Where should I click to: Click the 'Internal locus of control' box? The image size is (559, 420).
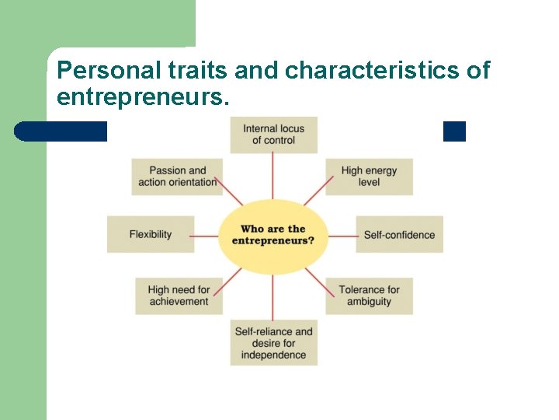[273, 135]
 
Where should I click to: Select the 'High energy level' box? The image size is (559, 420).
[369, 176]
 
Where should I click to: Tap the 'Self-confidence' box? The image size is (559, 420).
[399, 234]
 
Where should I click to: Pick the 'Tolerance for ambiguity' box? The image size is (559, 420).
[369, 296]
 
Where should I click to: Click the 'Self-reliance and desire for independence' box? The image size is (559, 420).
[273, 343]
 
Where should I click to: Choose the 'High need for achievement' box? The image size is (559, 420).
[179, 296]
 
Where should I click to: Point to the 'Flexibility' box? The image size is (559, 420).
[151, 234]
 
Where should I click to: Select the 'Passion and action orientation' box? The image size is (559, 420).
[177, 176]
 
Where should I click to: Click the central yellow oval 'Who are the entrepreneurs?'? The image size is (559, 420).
[273, 235]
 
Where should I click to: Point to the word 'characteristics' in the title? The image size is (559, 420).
[372, 71]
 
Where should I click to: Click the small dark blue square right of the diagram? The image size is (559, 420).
[454, 131]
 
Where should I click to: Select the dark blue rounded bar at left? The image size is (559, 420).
[61, 131]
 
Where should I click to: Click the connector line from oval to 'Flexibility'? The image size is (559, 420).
[206, 235]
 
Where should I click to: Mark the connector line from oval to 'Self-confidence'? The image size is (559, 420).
[342, 235]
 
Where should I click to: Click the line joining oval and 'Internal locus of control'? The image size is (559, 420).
[273, 176]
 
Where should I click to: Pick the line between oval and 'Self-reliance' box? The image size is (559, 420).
[273, 297]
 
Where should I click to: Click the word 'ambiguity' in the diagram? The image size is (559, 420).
[369, 302]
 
